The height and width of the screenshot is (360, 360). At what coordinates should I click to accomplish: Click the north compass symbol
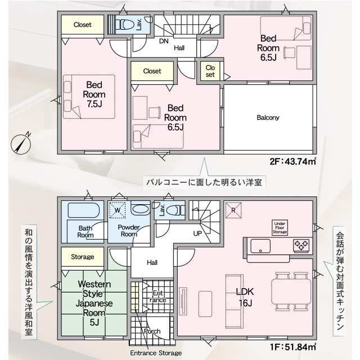(x=21, y=144)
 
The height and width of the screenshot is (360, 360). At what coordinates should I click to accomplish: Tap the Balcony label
(x=268, y=118)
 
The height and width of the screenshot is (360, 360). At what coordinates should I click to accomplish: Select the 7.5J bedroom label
(x=94, y=94)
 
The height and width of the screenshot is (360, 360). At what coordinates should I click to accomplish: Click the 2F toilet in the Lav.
(x=124, y=24)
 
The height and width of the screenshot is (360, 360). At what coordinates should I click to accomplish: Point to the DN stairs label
(x=164, y=41)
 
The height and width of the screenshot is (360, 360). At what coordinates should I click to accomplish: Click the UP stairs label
(x=197, y=234)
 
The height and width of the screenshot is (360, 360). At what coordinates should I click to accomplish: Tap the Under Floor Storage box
(x=280, y=227)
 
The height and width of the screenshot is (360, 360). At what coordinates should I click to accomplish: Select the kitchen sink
(x=260, y=246)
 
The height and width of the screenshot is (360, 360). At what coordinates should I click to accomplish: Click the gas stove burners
(x=301, y=245)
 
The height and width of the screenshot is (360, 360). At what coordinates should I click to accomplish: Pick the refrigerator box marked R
(x=233, y=210)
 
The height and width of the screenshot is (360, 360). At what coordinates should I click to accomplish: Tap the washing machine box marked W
(x=118, y=210)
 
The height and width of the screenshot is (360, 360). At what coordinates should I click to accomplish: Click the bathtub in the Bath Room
(x=84, y=210)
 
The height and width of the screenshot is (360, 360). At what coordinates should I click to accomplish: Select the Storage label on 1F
(x=83, y=256)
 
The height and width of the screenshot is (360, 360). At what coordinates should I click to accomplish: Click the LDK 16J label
(x=245, y=298)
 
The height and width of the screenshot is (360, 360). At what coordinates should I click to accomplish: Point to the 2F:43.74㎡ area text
(x=292, y=161)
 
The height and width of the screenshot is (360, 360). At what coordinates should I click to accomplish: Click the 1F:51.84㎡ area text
(x=293, y=346)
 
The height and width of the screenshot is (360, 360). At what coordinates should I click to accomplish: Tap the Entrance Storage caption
(x=156, y=353)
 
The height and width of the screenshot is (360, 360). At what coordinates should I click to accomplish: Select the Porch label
(x=152, y=331)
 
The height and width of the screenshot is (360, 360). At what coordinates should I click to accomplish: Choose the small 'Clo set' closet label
(x=210, y=71)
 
